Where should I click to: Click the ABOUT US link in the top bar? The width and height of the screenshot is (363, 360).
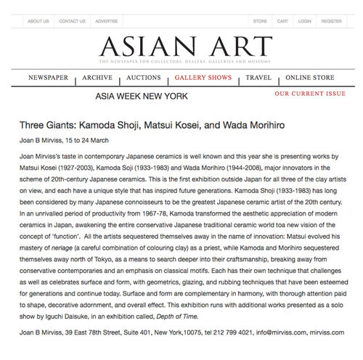point(38,21)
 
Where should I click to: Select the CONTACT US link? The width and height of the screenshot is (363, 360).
point(72,21)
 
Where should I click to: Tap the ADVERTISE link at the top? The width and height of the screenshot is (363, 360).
point(106,21)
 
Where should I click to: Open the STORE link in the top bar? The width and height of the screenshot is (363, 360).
point(260,21)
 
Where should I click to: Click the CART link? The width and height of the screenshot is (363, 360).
point(282,21)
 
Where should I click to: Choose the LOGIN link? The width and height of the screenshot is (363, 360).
point(304,21)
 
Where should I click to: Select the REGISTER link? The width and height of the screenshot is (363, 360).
point(331,21)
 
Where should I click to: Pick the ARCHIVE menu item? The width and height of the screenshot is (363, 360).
point(97,77)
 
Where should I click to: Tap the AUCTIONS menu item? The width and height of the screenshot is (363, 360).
point(144,77)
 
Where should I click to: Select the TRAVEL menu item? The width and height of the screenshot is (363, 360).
point(258,77)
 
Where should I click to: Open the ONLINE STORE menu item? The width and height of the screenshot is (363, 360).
point(310,77)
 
